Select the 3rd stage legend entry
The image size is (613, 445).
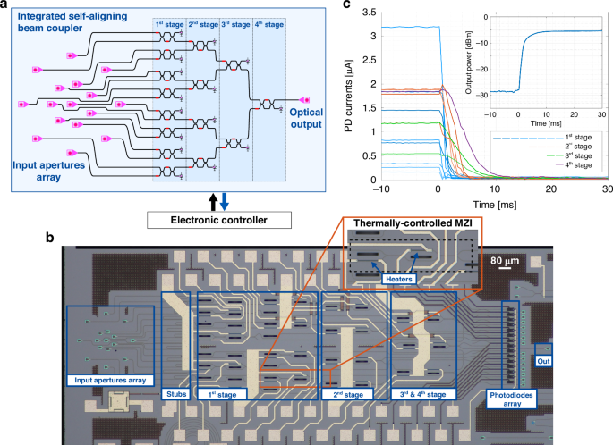580,155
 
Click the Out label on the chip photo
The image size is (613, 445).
542,361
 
